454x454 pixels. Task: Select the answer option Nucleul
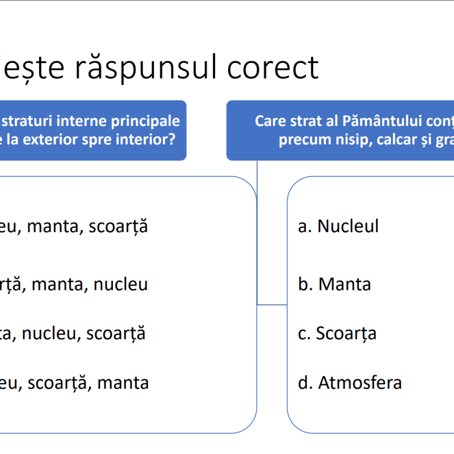348,226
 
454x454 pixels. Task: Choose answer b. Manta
344,284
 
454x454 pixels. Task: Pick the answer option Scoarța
346,333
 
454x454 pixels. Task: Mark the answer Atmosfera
360,382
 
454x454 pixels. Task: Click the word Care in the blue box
268,121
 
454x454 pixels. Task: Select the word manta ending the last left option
123,382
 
